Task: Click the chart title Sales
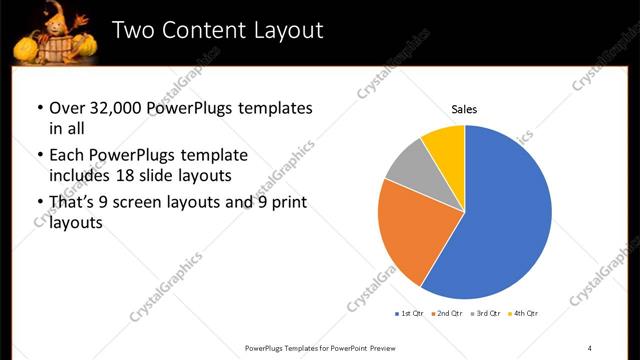click(464, 109)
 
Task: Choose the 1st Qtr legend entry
click(409, 315)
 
